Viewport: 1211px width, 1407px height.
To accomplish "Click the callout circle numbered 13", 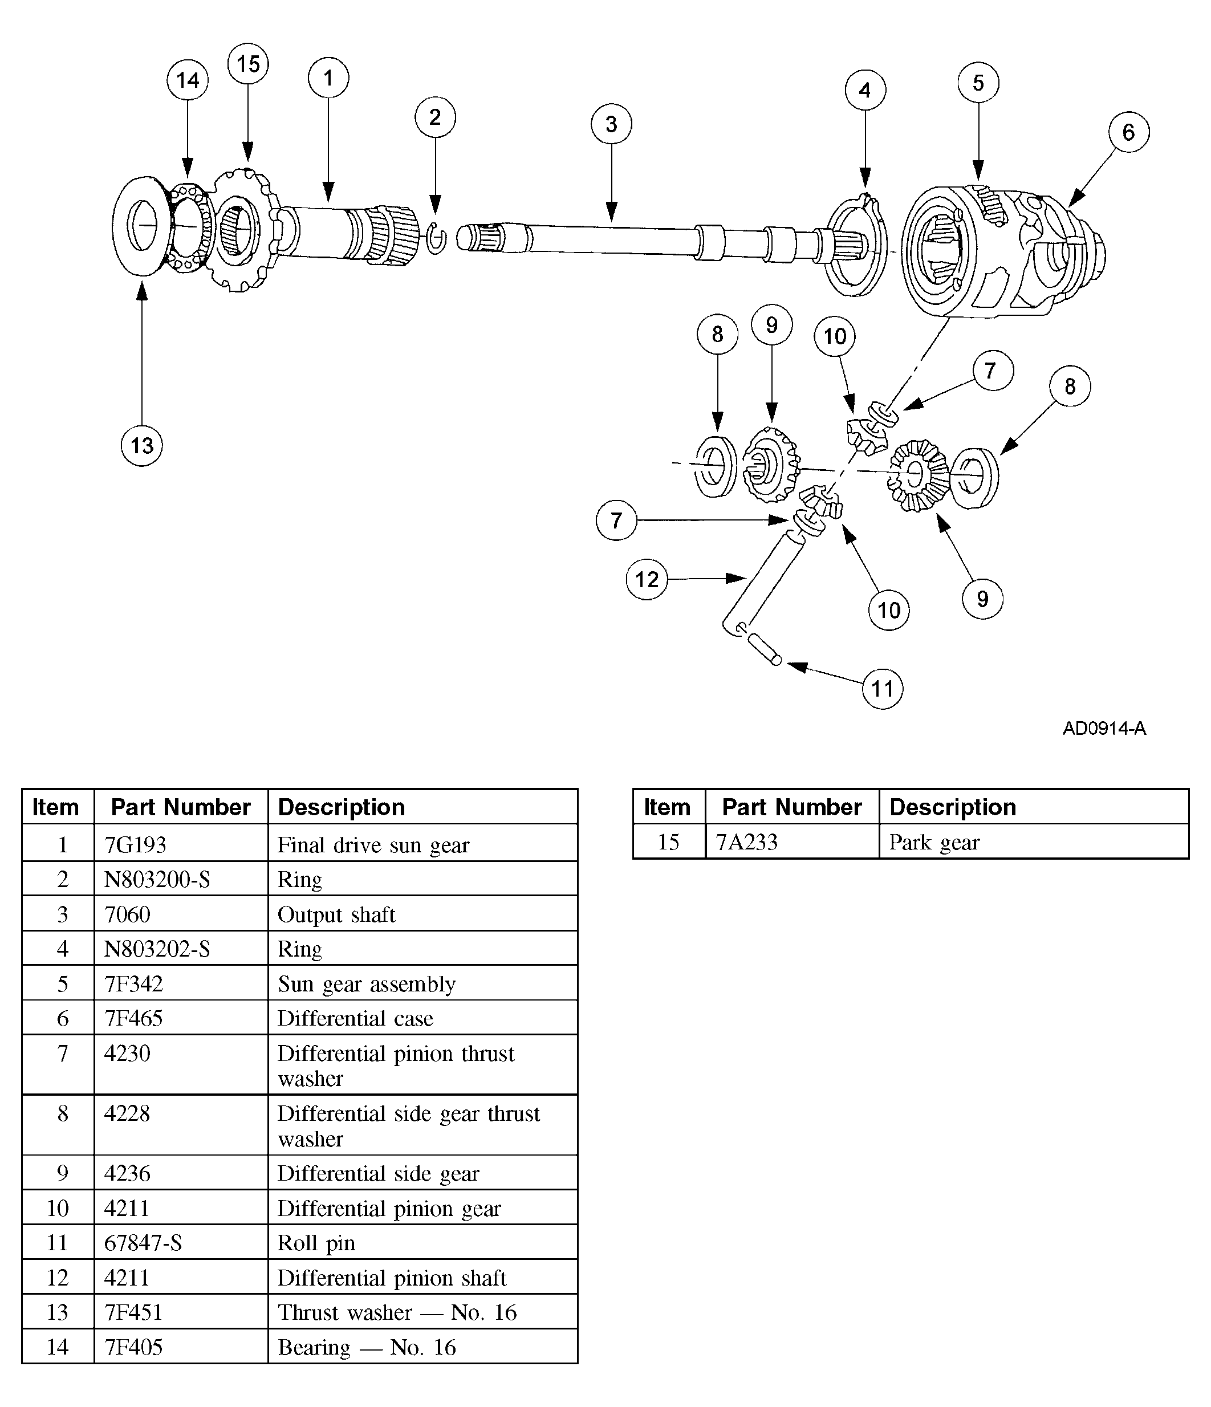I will [141, 445].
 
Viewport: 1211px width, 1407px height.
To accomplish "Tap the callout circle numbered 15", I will [248, 64].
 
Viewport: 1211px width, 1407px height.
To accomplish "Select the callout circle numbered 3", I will [611, 124].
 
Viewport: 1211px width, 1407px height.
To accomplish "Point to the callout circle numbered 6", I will [1128, 132].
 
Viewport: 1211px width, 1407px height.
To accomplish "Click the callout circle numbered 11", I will [882, 689].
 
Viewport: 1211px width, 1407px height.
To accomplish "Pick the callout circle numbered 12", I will [647, 579].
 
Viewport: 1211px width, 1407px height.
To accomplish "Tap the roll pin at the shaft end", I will [764, 649].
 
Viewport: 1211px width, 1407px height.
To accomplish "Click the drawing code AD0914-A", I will [1104, 729].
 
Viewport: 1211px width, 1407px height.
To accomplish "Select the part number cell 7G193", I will [135, 845].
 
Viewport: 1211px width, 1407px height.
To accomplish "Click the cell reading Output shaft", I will [336, 914].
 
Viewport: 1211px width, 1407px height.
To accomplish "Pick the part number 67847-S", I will [143, 1243].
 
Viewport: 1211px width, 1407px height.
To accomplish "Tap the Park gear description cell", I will [934, 842].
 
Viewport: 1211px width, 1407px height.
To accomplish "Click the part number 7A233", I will [746, 842].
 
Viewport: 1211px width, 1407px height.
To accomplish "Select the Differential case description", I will [355, 1018].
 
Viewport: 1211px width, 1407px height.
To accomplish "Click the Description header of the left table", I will [341, 807].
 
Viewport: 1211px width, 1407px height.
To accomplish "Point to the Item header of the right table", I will [667, 807].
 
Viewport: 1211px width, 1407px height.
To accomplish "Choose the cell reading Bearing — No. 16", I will [367, 1347].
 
